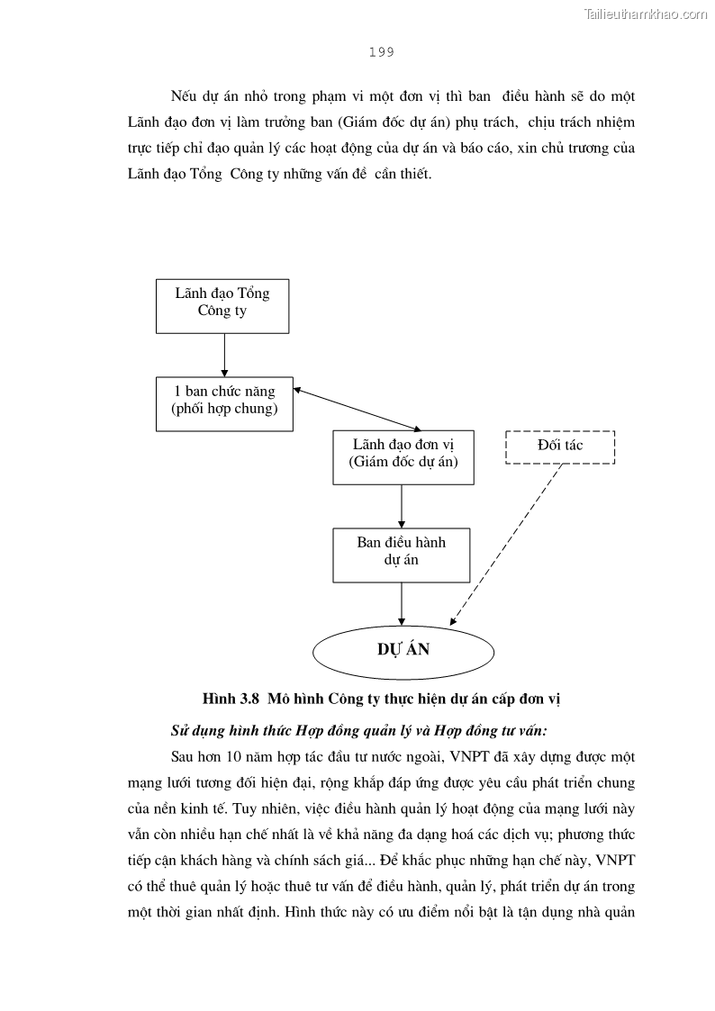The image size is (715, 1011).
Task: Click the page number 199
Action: tap(381, 52)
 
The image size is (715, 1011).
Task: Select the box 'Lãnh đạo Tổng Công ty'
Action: tap(222, 305)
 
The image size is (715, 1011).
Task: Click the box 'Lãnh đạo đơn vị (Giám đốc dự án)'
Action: tap(403, 456)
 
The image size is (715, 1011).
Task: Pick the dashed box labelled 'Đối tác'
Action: tap(560, 447)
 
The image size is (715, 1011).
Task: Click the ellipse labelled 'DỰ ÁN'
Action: tap(403, 649)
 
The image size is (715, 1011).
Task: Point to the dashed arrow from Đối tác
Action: tap(504, 545)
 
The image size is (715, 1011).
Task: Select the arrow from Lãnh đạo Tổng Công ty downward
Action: tap(224, 355)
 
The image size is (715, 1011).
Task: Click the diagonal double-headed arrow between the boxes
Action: tap(357, 410)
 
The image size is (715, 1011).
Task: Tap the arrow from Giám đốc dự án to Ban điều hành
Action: tap(402, 506)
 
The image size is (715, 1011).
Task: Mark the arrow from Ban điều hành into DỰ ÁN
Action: tap(402, 601)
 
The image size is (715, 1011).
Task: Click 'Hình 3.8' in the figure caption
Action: tap(231, 699)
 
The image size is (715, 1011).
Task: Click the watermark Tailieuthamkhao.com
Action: tap(646, 14)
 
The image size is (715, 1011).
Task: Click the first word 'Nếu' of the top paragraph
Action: tap(183, 96)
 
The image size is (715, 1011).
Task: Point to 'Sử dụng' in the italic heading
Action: tap(196, 729)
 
